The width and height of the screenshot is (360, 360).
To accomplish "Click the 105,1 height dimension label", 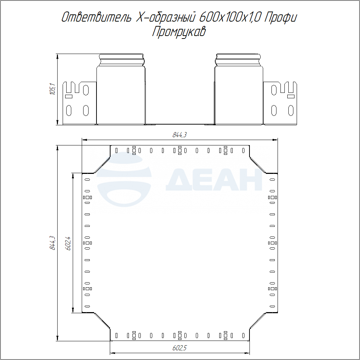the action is [x=53, y=89].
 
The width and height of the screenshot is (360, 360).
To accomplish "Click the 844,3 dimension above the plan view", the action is [x=180, y=135].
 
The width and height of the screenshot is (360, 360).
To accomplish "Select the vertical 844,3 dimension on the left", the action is [x=53, y=243].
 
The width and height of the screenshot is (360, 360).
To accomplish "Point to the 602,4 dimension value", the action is [x=68, y=243].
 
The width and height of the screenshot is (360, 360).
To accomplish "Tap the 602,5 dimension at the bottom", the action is [x=180, y=348].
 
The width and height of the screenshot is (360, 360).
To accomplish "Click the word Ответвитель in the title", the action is [x=96, y=17].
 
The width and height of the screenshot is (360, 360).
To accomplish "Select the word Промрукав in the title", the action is [x=179, y=32].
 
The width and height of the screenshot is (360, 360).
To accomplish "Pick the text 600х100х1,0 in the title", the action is [x=230, y=18].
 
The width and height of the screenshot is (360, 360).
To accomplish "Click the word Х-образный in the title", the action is [x=166, y=18].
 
